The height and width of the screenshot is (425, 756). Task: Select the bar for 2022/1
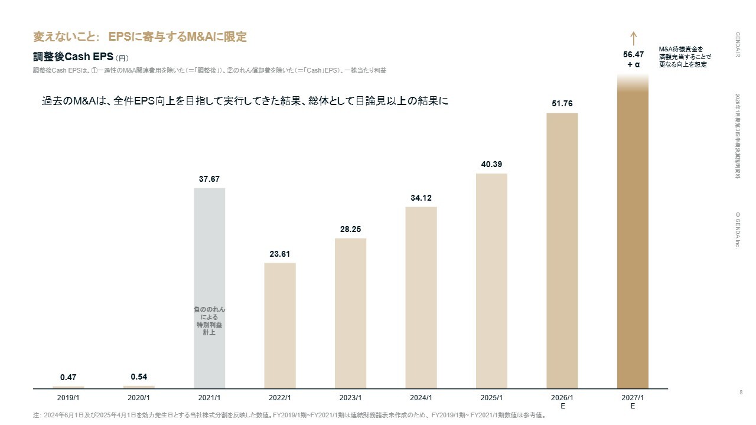click(x=280, y=325)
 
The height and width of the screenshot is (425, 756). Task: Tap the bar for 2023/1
click(x=350, y=313)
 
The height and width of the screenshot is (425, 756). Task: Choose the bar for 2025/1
click(x=491, y=280)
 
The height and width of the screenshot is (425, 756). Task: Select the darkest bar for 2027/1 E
click(x=633, y=236)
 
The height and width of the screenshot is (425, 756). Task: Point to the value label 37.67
click(x=209, y=179)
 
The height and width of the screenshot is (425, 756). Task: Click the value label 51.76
click(x=562, y=104)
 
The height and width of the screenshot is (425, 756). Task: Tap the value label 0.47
click(x=69, y=377)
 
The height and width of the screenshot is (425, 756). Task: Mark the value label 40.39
click(x=491, y=164)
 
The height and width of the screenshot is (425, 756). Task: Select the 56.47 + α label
click(x=633, y=60)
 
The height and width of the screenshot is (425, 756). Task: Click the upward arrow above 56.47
click(x=633, y=38)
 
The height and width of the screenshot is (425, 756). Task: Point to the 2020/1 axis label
click(x=139, y=398)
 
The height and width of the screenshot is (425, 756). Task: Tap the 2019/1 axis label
click(x=69, y=398)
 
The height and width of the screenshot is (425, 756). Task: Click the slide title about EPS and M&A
click(x=140, y=37)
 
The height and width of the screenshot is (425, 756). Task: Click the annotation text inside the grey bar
click(x=209, y=321)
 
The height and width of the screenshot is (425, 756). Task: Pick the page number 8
click(x=741, y=393)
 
